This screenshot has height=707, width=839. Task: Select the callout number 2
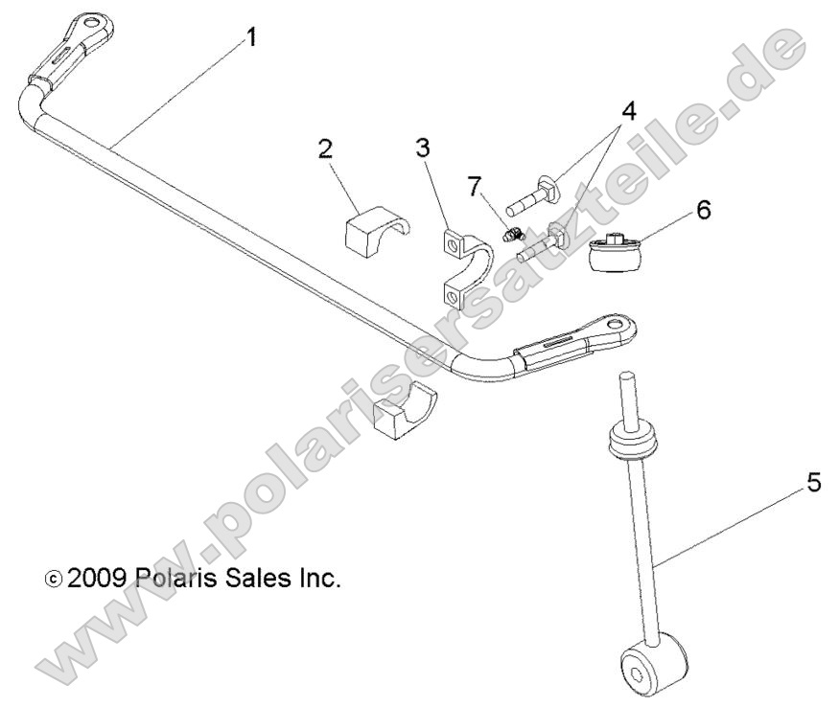(x=325, y=149)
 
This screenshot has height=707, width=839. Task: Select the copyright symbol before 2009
(x=54, y=581)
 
